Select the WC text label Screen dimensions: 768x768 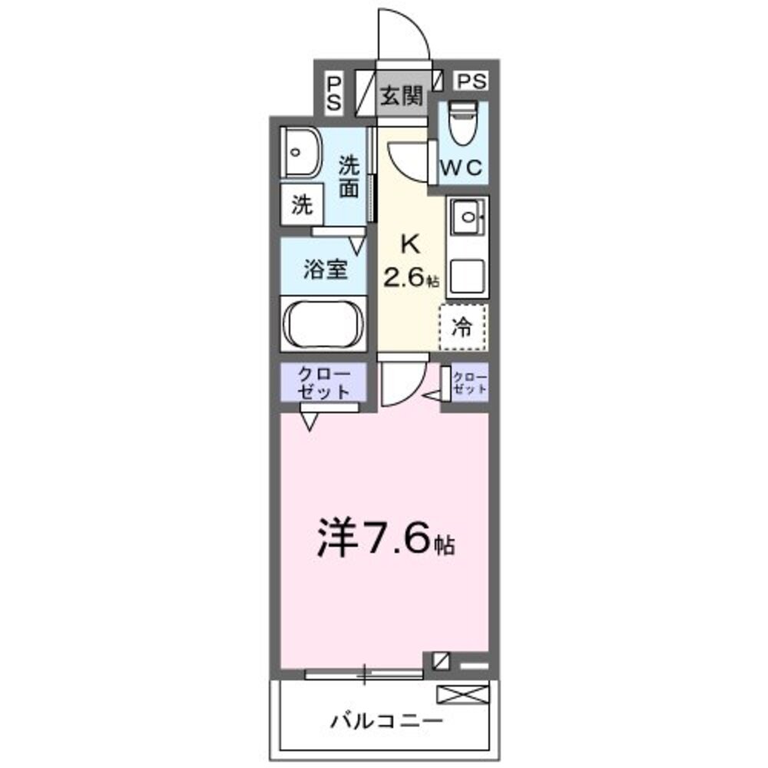pyautogui.click(x=461, y=167)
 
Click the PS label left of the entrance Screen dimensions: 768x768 pyautogui.click(x=334, y=94)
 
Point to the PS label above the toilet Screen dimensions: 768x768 pyautogui.click(x=473, y=80)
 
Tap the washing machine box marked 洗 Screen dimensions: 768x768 pyautogui.click(x=302, y=205)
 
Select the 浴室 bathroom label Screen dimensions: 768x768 pyautogui.click(x=326, y=270)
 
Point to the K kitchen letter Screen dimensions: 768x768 pyautogui.click(x=409, y=245)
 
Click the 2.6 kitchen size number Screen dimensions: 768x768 pyautogui.click(x=406, y=277)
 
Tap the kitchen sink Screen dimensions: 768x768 pyautogui.click(x=467, y=220)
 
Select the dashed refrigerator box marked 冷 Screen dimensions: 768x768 pyautogui.click(x=463, y=326)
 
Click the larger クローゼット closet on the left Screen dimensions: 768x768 pyautogui.click(x=323, y=382)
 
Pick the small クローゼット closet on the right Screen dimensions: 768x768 pyautogui.click(x=468, y=382)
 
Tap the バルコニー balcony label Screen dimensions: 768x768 pyautogui.click(x=387, y=721)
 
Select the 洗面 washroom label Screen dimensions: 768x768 pyautogui.click(x=349, y=177)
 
